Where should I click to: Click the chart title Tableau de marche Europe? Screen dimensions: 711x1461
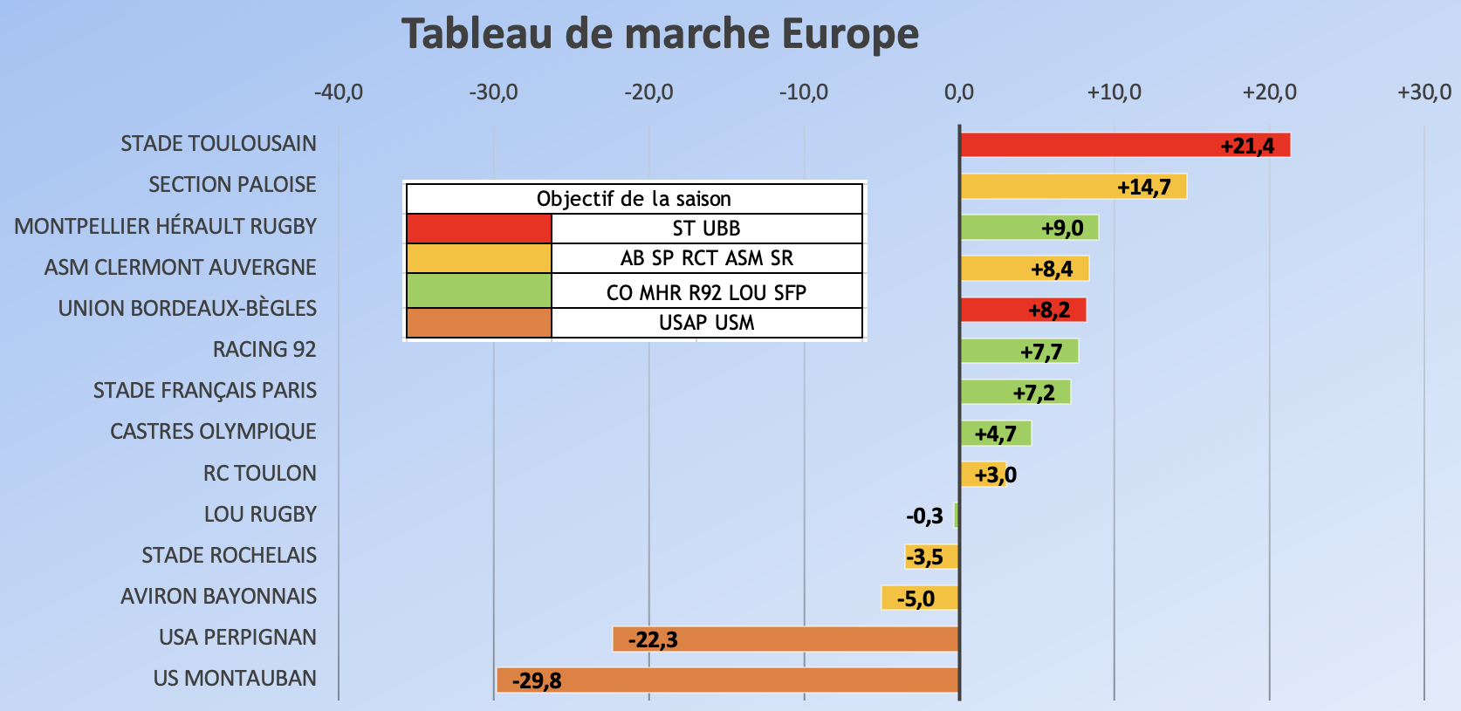pos(660,35)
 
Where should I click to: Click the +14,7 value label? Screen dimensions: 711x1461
pos(1143,187)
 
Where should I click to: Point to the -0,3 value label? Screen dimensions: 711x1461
pos(924,516)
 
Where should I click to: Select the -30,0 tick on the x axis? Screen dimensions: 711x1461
pos(493,92)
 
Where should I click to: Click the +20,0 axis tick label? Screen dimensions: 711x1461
pos(1269,92)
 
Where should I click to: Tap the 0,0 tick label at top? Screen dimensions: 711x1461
pos(958,92)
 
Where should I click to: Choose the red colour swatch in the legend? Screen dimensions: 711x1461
pos(479,229)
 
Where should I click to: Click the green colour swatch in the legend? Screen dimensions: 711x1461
pos(479,291)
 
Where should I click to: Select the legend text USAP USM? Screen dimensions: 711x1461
pos(706,323)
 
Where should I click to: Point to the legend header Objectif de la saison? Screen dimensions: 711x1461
pos(634,199)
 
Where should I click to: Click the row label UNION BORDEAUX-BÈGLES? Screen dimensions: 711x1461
pos(187,309)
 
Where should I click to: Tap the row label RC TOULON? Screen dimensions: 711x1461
pos(259,474)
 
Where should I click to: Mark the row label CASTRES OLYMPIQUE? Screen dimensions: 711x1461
pos(213,432)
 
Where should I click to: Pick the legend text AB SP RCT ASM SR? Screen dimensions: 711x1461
pos(706,258)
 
